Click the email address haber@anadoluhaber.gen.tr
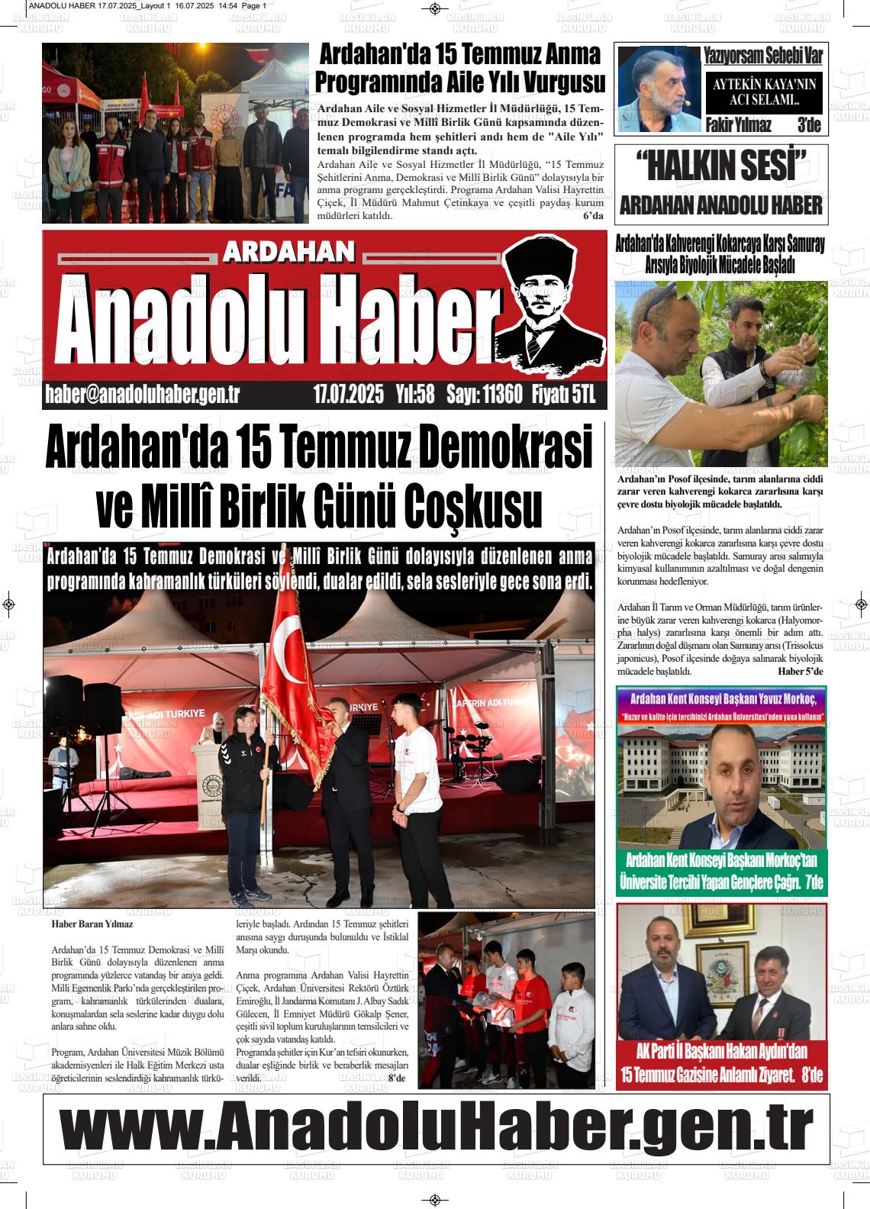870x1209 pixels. (x=143, y=395)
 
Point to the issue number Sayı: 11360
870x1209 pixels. (x=484, y=395)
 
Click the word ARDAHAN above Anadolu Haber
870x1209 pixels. (x=290, y=253)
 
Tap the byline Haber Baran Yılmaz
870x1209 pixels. (x=92, y=924)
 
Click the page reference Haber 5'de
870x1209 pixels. (x=801, y=672)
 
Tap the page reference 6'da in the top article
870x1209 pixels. (x=593, y=216)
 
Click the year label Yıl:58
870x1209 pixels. (x=415, y=395)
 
